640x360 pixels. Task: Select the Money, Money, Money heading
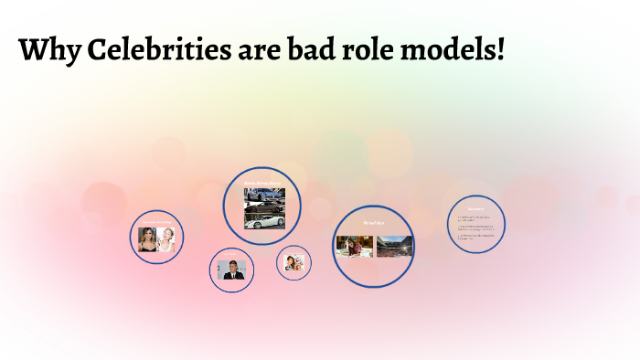coord(263,185)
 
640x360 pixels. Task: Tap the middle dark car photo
coord(264,207)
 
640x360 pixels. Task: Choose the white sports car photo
coord(264,221)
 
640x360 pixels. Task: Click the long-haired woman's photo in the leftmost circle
coord(147,239)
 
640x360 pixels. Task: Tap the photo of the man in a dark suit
coord(231,270)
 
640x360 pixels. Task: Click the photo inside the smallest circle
coord(293,263)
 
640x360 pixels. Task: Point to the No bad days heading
coord(374,222)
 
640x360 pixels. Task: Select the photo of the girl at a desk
coord(355,246)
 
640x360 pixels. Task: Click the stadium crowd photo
coord(394,246)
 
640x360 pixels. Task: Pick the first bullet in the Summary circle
coord(475,218)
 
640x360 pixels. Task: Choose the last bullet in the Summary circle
coord(475,238)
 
